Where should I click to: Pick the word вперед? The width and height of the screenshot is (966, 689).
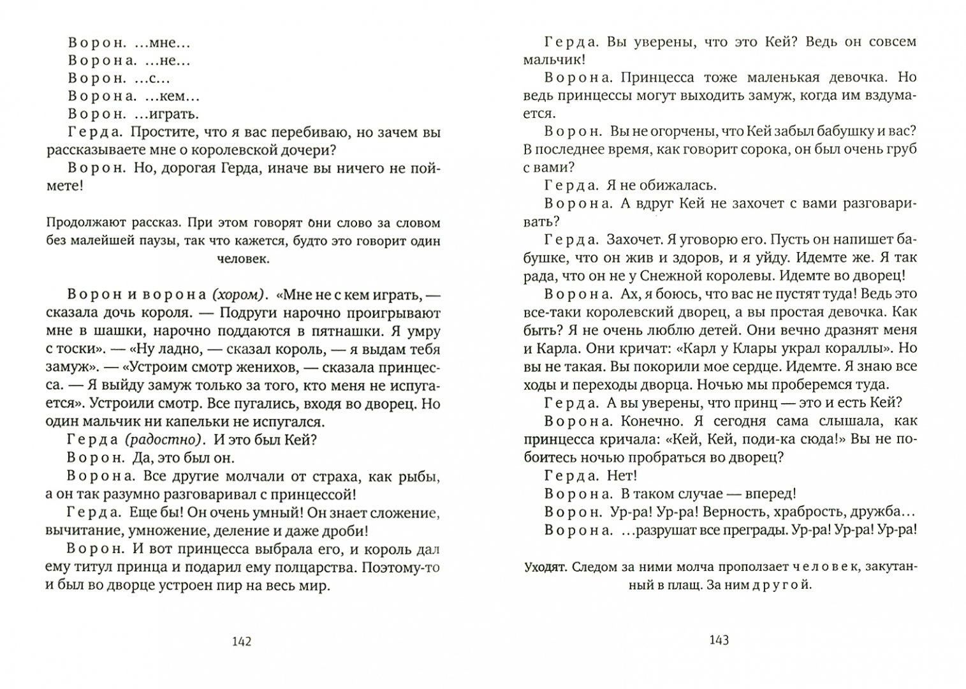point(773,493)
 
